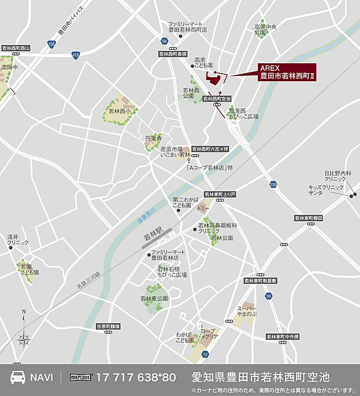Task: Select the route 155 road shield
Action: tap(52, 44)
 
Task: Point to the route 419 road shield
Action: tap(75, 55)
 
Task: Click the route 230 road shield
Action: tap(273, 185)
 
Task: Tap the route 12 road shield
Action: tap(204, 354)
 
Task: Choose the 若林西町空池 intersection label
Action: tap(217, 99)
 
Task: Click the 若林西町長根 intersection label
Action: tap(172, 53)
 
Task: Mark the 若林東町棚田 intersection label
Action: tap(308, 218)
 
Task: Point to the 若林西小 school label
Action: tap(120, 110)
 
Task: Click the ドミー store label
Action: tap(203, 207)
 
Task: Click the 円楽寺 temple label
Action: tap(153, 139)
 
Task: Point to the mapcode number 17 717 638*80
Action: tap(136, 377)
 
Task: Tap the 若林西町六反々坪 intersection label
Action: tap(211, 148)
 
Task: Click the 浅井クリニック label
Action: tap(17, 240)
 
